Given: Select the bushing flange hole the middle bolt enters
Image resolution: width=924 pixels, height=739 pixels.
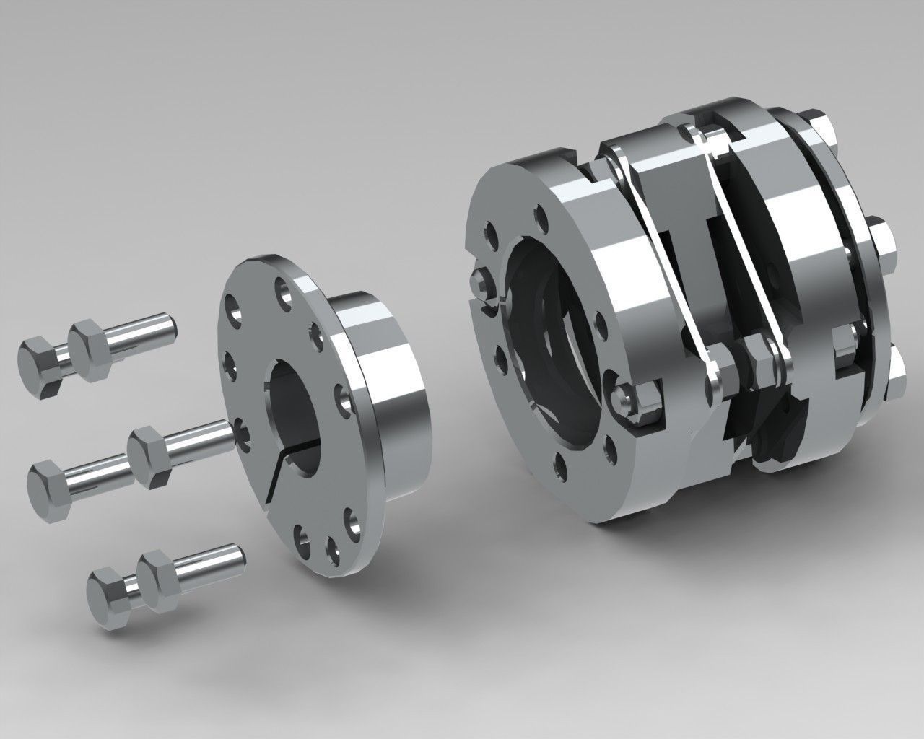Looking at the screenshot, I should click(x=241, y=432).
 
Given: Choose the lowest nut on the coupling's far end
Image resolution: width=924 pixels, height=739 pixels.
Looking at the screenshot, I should click(x=895, y=372).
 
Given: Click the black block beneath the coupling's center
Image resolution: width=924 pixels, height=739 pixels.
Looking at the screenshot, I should click(x=772, y=433).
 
